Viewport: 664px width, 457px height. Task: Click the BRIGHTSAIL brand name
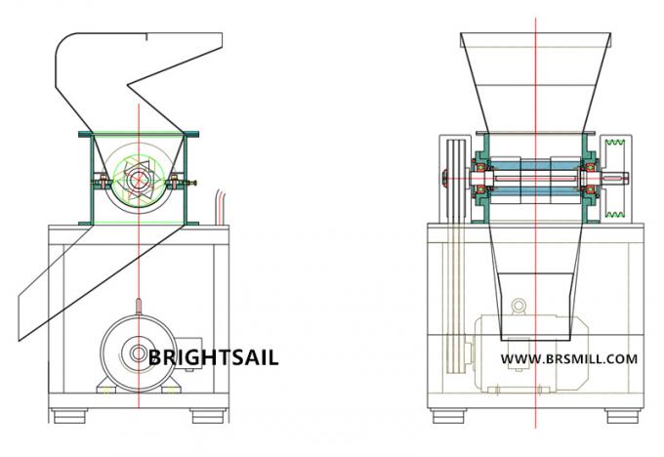[214, 357]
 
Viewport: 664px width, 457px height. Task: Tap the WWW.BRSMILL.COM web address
[569, 359]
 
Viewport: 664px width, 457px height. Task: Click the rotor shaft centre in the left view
[139, 179]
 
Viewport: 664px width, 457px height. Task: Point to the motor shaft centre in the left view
[138, 353]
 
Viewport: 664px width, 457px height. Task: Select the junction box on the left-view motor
[188, 353]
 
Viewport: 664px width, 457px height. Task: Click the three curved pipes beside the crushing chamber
[222, 207]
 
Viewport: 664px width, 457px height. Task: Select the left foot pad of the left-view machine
[70, 416]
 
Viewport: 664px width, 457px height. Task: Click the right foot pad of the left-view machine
[207, 416]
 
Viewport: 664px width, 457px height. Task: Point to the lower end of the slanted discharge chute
[20, 340]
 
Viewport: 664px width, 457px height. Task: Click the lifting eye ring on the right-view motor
[519, 306]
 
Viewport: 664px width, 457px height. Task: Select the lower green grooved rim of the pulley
[616, 214]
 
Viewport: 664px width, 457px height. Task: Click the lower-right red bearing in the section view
[589, 189]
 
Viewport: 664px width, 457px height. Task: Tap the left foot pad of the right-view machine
[449, 416]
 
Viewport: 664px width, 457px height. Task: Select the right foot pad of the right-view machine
[622, 416]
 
